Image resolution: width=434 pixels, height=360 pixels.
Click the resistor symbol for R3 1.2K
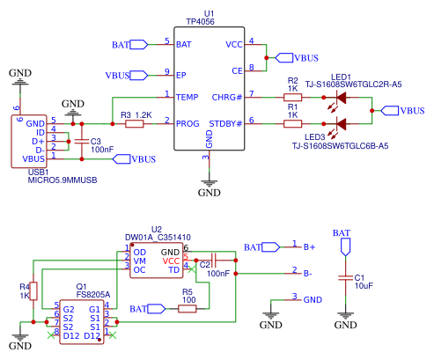(135, 124)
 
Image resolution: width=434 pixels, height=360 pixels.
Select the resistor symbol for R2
(292, 97)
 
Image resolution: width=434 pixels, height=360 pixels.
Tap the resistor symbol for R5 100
(188, 309)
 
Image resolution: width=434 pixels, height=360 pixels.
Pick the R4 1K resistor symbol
(33, 291)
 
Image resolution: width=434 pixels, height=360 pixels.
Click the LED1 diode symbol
(341, 98)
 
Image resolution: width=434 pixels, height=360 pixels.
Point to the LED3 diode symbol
(341, 124)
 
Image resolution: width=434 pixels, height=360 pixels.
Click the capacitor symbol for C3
(82, 142)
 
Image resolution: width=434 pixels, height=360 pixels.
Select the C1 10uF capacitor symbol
(345, 277)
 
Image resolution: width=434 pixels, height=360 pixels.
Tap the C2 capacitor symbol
(214, 261)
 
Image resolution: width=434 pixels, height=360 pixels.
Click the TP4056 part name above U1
(200, 22)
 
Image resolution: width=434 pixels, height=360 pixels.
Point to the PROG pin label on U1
(188, 124)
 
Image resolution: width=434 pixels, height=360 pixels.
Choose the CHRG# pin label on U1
(227, 97)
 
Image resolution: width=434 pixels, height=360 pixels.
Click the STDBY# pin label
(225, 124)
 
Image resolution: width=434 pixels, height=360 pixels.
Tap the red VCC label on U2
(171, 261)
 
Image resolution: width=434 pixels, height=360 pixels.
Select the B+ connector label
(309, 247)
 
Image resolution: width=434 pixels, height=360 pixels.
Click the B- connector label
(308, 274)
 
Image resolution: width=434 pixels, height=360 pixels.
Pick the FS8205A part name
(93, 295)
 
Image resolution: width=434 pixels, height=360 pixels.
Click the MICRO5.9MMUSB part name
(63, 180)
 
